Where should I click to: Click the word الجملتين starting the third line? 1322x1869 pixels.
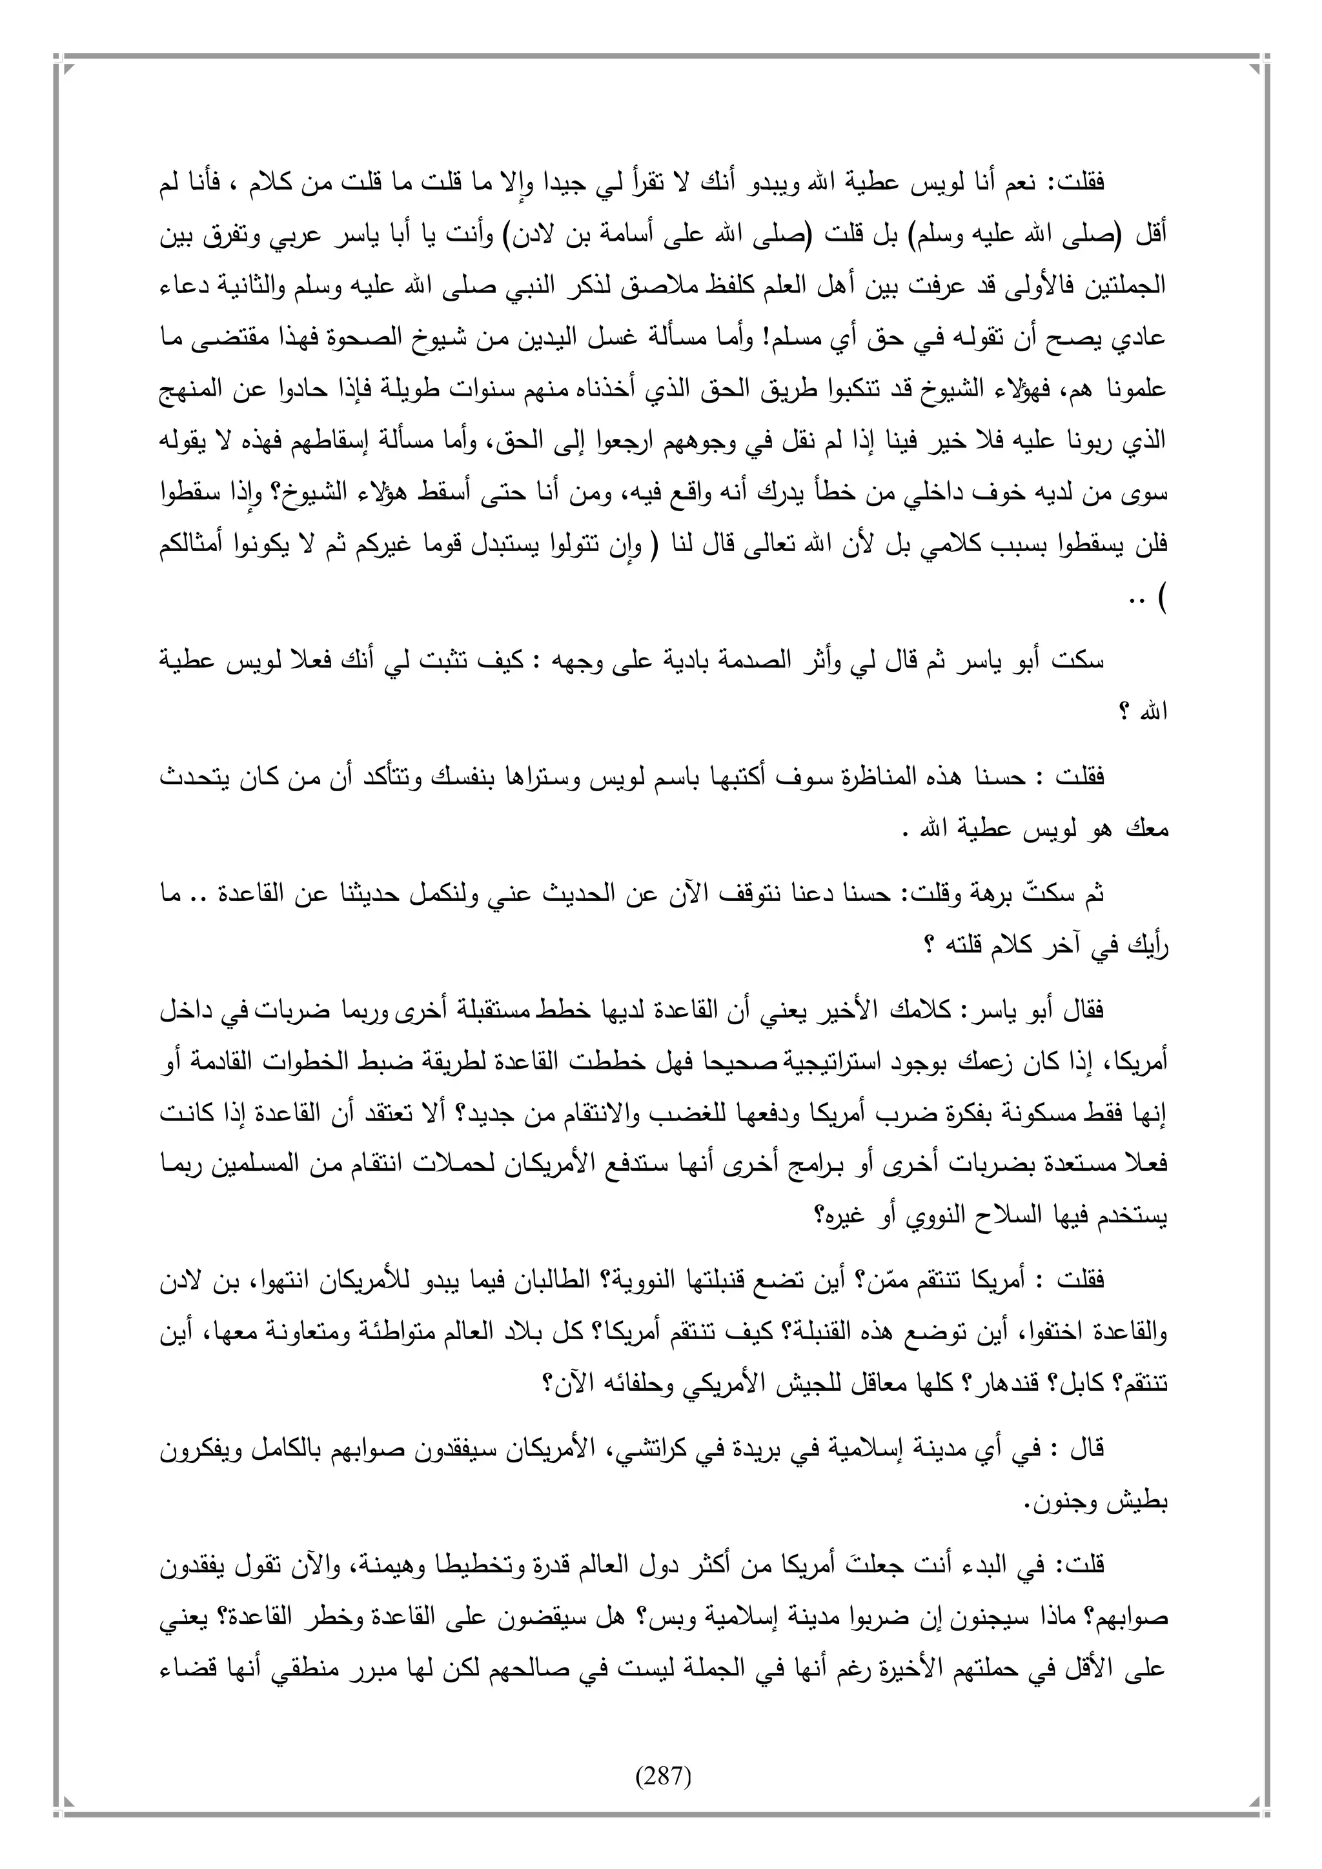[1121, 287]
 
